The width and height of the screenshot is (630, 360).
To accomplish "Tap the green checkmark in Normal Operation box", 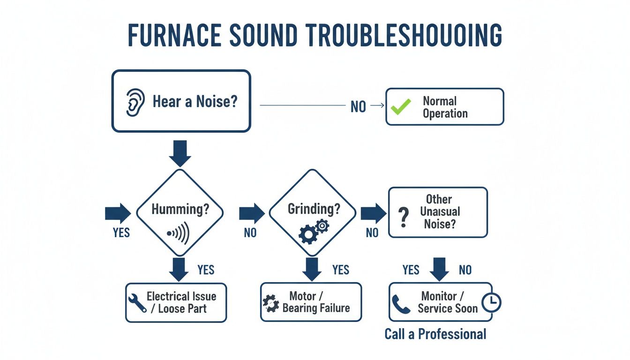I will pyautogui.click(x=401, y=107).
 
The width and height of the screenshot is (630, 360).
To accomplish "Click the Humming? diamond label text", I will pyautogui.click(x=180, y=209).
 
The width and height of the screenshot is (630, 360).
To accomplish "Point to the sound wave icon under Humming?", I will pyautogui.click(x=179, y=233).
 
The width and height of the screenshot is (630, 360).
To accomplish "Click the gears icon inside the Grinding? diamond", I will pyautogui.click(x=314, y=231).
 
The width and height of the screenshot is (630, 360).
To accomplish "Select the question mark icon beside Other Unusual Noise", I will pyautogui.click(x=401, y=218).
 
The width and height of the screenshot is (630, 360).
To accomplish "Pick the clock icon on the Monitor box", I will pyautogui.click(x=491, y=302).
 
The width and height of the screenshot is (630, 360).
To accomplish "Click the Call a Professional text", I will pyautogui.click(x=435, y=334).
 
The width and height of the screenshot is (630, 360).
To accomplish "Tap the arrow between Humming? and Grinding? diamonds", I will pyautogui.click(x=252, y=213).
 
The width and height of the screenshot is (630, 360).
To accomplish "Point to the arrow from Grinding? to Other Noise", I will pyautogui.click(x=373, y=213).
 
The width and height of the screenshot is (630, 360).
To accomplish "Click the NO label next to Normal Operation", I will pyautogui.click(x=358, y=107).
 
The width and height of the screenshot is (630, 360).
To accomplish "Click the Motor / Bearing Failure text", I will pyautogui.click(x=316, y=302).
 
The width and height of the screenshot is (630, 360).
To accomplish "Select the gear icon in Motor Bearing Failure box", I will pyautogui.click(x=271, y=303).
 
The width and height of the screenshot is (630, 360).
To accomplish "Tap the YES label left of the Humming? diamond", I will pyautogui.click(x=121, y=232).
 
